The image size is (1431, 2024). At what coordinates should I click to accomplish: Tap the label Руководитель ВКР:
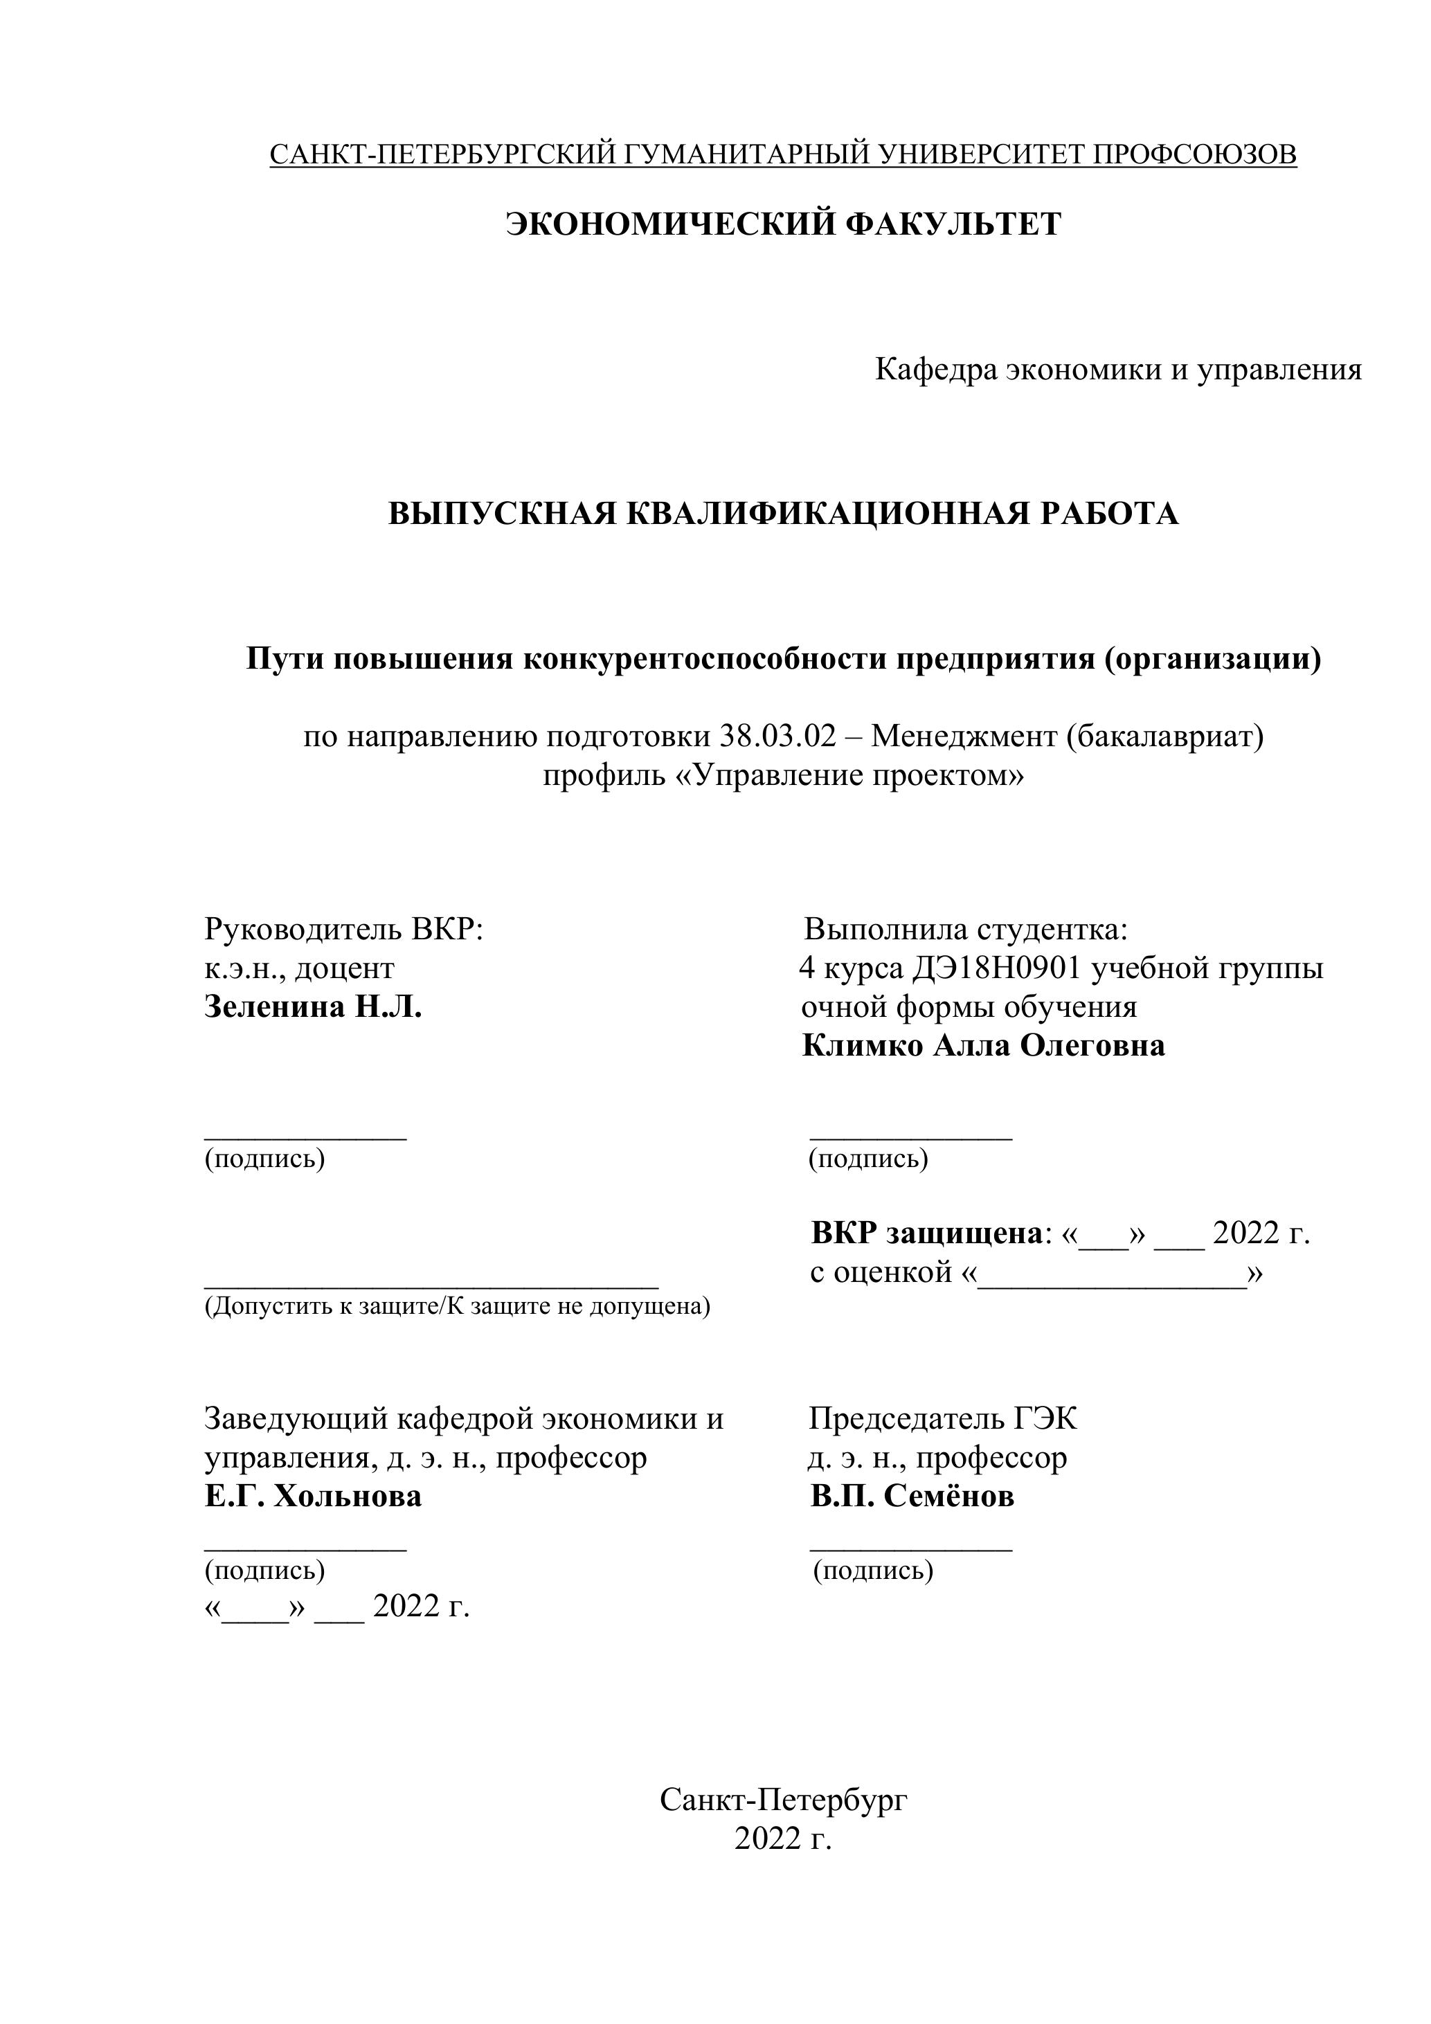click(344, 929)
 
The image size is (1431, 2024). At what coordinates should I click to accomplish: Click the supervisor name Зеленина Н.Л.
click(313, 1006)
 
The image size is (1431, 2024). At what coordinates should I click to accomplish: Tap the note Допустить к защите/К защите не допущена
click(457, 1306)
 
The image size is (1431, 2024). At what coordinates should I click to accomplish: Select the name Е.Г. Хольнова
click(313, 1496)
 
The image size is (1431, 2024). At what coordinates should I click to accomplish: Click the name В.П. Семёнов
click(912, 1496)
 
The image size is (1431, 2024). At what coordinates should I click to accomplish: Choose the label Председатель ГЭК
click(942, 1418)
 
